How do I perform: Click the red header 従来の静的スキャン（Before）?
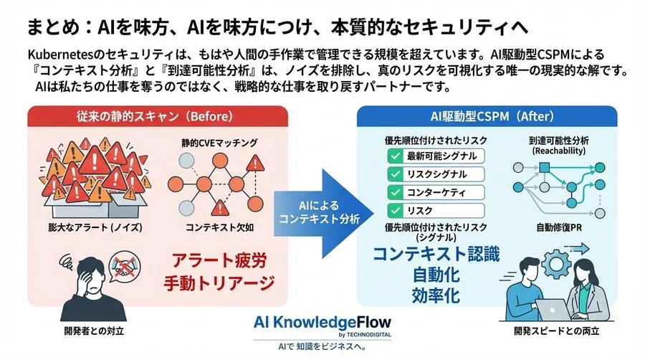click(157, 116)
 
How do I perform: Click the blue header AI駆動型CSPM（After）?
click(487, 116)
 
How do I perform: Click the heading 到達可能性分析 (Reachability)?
click(548, 146)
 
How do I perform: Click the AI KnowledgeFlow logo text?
click(322, 321)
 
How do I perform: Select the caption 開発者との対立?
click(91, 332)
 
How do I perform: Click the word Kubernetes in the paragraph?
click(57, 55)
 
